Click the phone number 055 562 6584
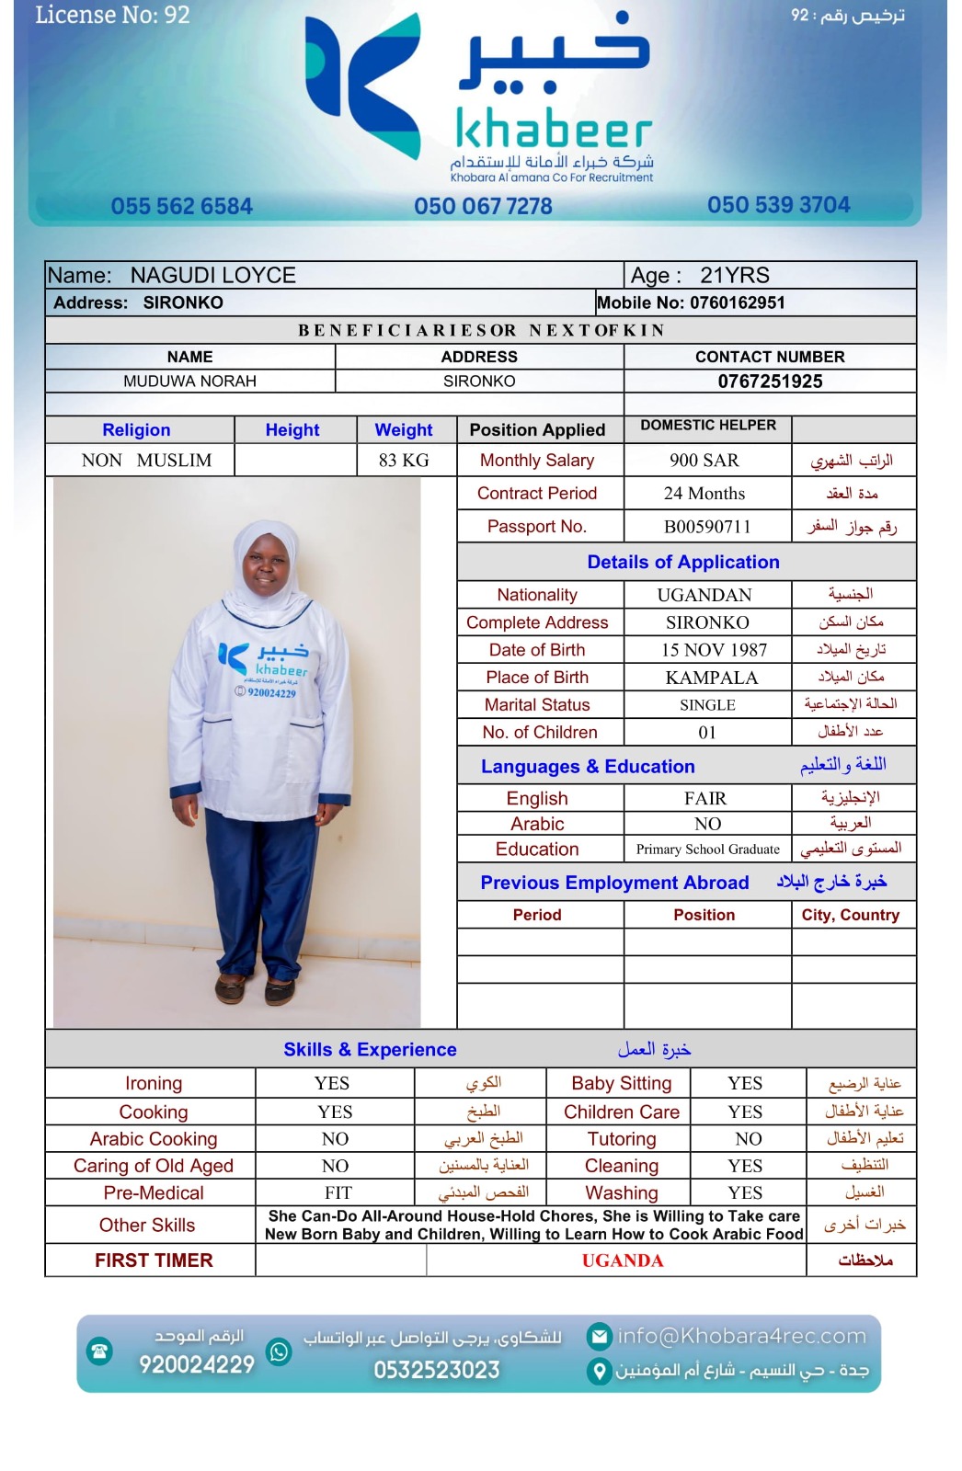point(181,206)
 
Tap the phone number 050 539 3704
point(778,205)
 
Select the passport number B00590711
point(707,527)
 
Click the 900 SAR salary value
point(704,461)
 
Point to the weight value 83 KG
point(404,461)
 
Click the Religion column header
point(136,430)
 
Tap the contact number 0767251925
point(770,382)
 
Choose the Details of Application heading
point(683,563)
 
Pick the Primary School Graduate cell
point(707,850)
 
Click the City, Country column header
point(850,915)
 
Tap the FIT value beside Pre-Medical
point(338,1192)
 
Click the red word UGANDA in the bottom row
point(623,1260)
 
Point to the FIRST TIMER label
point(154,1260)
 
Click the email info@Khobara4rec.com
point(741,1336)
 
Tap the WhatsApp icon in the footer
point(279,1351)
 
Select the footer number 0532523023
point(436,1370)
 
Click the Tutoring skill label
point(622,1139)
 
